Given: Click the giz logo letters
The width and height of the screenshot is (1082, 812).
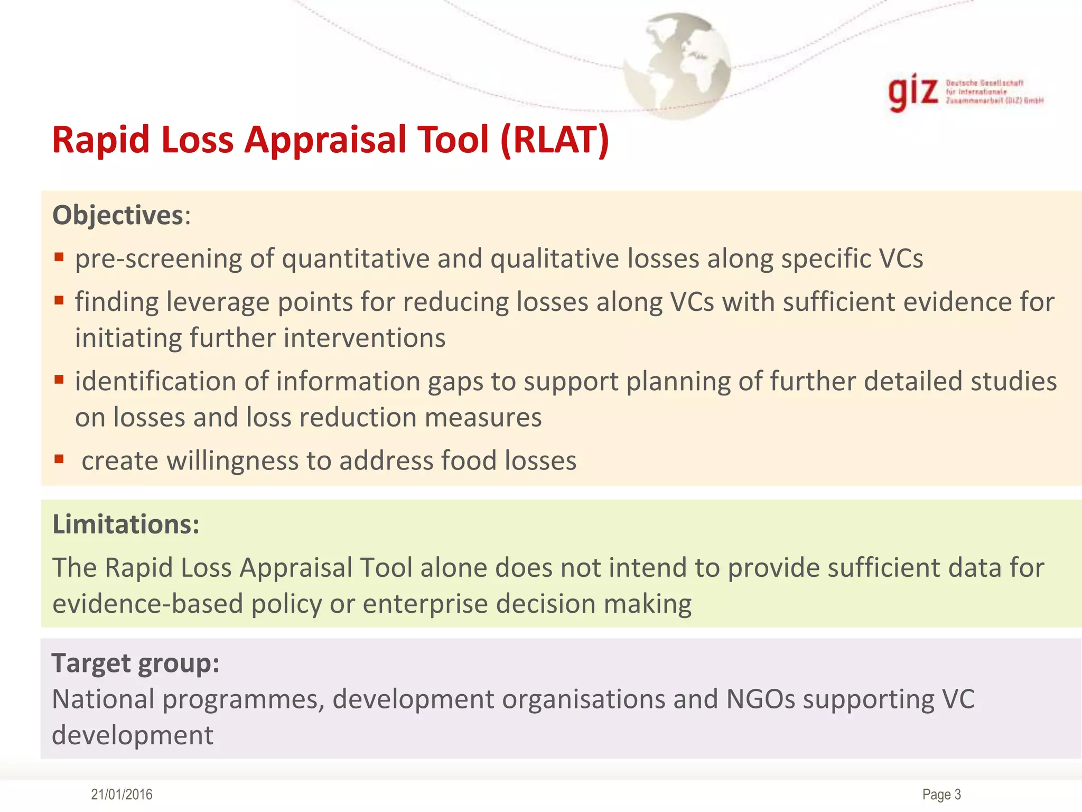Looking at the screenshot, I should [913, 93].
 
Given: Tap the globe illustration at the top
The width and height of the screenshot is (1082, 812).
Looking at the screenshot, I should [677, 66].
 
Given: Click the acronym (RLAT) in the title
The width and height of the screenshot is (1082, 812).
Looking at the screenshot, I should [555, 140].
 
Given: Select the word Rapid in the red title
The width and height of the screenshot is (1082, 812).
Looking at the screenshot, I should [100, 140].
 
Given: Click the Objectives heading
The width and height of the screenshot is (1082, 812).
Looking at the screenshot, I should [118, 216].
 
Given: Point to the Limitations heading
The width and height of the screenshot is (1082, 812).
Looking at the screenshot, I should [126, 524].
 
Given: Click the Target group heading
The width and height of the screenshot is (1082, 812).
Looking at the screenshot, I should [135, 663].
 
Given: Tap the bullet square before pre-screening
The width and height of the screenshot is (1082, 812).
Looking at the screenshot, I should [59, 257].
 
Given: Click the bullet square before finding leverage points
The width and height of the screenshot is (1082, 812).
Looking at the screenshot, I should [59, 301].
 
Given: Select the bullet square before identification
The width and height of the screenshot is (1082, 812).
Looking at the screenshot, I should [59, 380].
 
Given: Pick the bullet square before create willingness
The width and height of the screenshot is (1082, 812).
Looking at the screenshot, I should [59, 459].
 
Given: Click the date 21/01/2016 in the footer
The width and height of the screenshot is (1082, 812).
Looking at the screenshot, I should [122, 795].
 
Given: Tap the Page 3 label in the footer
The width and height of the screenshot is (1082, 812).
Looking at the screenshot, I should [941, 795].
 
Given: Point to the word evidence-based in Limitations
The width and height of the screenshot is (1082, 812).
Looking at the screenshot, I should [147, 604].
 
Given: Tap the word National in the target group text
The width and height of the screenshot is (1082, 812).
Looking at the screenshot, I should [102, 699].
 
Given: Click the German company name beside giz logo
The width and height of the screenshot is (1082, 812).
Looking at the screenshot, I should [993, 92].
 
